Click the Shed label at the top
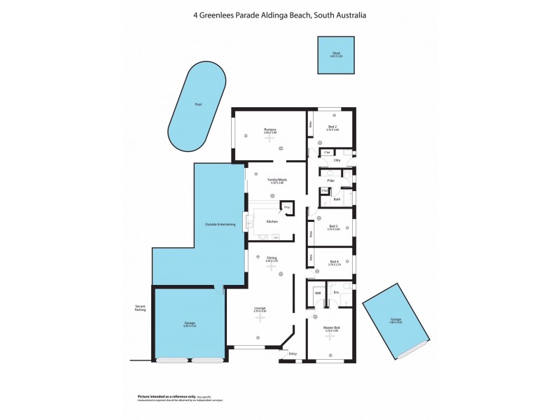pos(336,53)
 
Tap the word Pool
pos(198,104)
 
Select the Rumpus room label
pos(270,129)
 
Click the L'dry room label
pos(337,160)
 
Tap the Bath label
pos(337,199)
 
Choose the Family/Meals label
pos(277,179)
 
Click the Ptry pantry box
pos(286,207)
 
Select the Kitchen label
pos(272,221)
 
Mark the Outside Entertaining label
pos(220,224)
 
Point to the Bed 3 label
pos(334,226)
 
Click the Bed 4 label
pos(334,262)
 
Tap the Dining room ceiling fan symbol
pos(272,267)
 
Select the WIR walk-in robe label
pos(317,292)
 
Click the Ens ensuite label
pos(336,291)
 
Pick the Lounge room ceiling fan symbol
pos(260,317)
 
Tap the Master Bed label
pos(332,327)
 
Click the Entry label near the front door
pos(293,353)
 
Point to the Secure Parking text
pos(141,307)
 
